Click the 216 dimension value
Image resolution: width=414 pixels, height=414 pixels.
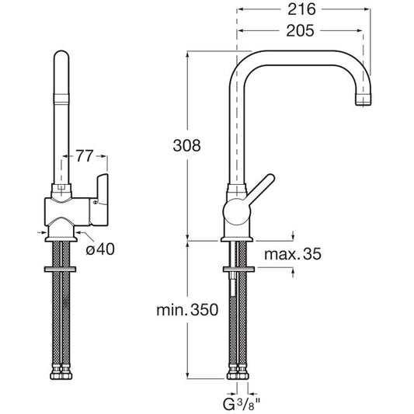tap(301, 9)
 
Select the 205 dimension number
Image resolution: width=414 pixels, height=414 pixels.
tap(300, 30)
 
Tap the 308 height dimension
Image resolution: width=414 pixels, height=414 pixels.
tap(186, 145)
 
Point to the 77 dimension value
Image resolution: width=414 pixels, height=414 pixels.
tap(85, 156)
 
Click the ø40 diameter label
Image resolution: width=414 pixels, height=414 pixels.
tap(100, 249)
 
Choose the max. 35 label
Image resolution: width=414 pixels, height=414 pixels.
tap(293, 254)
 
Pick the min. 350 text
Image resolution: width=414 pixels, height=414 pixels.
tap(187, 310)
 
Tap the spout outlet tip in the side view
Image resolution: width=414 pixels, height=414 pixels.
tap(364, 99)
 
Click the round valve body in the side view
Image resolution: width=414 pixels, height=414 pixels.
tap(237, 212)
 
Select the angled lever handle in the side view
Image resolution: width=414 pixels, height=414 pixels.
tap(260, 188)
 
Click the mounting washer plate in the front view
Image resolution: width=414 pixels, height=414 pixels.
tap(61, 270)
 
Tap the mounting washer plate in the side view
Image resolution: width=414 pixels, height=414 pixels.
tap(239, 270)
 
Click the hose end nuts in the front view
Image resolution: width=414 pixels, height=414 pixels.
tap(61, 374)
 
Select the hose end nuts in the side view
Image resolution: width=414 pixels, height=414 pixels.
tap(238, 374)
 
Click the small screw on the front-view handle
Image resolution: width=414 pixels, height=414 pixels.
tap(95, 203)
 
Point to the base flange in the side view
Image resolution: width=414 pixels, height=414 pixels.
tap(237, 239)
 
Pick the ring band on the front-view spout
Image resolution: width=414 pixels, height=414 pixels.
tap(61, 99)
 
